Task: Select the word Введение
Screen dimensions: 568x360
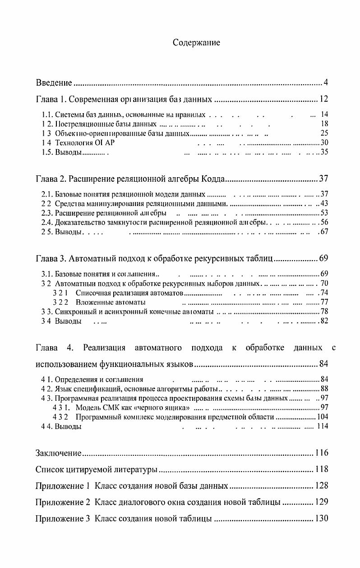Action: pos(54,83)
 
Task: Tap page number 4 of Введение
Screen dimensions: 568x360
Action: pos(325,82)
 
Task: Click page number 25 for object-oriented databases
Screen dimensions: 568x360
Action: pos(324,133)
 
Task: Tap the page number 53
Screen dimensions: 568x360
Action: pos(324,213)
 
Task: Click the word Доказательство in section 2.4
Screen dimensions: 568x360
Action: pos(78,222)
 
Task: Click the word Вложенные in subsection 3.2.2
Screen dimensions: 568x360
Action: pos(92,302)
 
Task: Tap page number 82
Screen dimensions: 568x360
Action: pos(324,321)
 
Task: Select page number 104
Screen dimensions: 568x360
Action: pos(323,417)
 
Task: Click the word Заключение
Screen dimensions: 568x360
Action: pos(58,453)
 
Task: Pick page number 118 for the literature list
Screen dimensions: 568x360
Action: pos(322,470)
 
